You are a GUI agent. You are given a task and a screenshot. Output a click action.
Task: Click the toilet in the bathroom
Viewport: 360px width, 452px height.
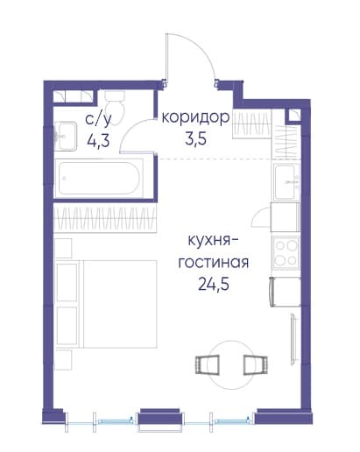[115, 107]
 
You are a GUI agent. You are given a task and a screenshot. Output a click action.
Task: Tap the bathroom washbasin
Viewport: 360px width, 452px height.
[66, 136]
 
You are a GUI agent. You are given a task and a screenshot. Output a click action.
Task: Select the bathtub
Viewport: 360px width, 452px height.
[99, 178]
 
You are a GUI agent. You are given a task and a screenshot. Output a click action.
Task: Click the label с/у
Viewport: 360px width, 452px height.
[99, 121]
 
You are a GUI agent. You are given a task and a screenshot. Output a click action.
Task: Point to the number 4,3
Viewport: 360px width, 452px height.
[98, 141]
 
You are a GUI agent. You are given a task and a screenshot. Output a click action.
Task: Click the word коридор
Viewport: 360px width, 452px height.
[195, 118]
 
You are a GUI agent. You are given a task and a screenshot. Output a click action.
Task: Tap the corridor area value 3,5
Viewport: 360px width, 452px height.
[195, 139]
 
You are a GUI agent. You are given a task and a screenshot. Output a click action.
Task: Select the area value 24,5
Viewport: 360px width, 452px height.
[214, 284]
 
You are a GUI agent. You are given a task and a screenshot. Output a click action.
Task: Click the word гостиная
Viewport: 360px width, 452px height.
[214, 263]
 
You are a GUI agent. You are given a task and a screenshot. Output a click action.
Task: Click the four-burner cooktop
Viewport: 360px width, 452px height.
[286, 253]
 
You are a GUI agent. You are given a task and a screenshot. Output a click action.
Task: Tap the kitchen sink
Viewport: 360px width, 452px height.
[287, 181]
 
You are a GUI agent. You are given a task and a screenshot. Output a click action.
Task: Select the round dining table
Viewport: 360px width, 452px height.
[231, 364]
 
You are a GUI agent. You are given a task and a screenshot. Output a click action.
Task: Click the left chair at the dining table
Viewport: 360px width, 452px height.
[208, 364]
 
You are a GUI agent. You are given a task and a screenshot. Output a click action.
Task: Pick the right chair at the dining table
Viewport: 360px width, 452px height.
[256, 364]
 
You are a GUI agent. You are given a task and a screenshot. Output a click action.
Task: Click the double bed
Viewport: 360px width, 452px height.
[107, 304]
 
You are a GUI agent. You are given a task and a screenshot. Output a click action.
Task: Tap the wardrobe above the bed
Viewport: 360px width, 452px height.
[105, 218]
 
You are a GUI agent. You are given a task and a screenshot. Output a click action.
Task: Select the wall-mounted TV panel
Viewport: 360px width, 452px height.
[293, 338]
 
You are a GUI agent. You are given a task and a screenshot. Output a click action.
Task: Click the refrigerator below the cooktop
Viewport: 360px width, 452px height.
[286, 292]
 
